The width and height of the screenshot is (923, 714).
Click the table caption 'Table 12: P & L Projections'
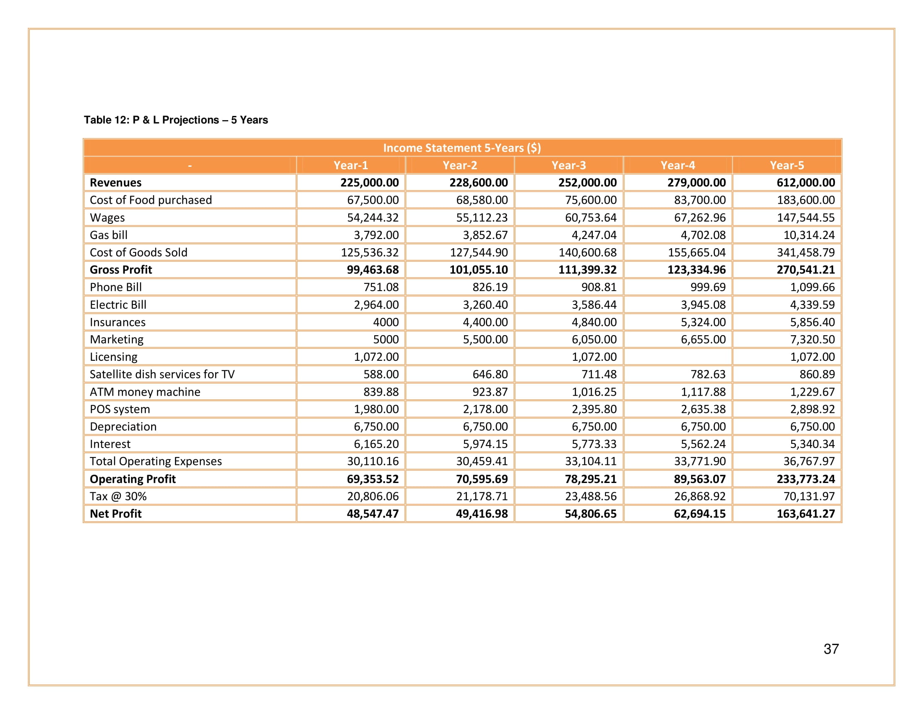175,120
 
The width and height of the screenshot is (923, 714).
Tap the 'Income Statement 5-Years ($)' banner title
461,147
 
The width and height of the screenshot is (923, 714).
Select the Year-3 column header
568,165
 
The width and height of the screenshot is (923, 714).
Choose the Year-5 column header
787,165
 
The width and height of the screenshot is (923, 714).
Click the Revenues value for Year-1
369,183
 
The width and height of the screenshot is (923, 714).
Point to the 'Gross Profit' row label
121,270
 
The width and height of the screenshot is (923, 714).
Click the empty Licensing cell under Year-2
460,357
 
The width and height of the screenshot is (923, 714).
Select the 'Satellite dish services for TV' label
162,374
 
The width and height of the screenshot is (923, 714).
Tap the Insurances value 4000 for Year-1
386,322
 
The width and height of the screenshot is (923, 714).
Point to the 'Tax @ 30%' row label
118,496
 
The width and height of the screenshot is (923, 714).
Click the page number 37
831,649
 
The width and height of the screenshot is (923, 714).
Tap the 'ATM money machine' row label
145,392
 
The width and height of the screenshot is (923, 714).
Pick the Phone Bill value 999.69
708,287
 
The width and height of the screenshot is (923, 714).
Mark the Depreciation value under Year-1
376,427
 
